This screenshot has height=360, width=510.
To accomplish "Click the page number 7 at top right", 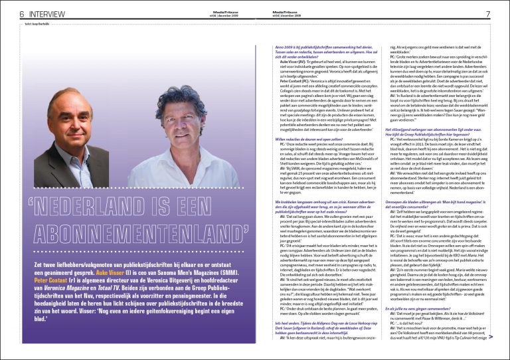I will pos(487,14).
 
